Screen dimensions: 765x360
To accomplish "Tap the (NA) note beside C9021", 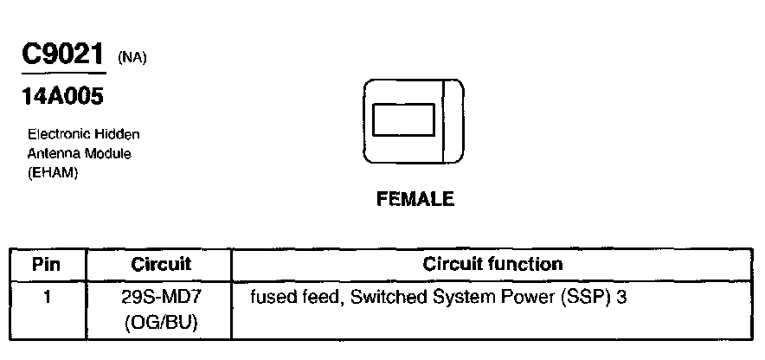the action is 132,59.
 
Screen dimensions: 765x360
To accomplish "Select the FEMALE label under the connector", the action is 415,199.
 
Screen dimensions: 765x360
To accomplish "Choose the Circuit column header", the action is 160,264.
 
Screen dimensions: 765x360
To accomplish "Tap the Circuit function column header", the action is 492,264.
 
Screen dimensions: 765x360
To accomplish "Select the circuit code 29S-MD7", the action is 160,297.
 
